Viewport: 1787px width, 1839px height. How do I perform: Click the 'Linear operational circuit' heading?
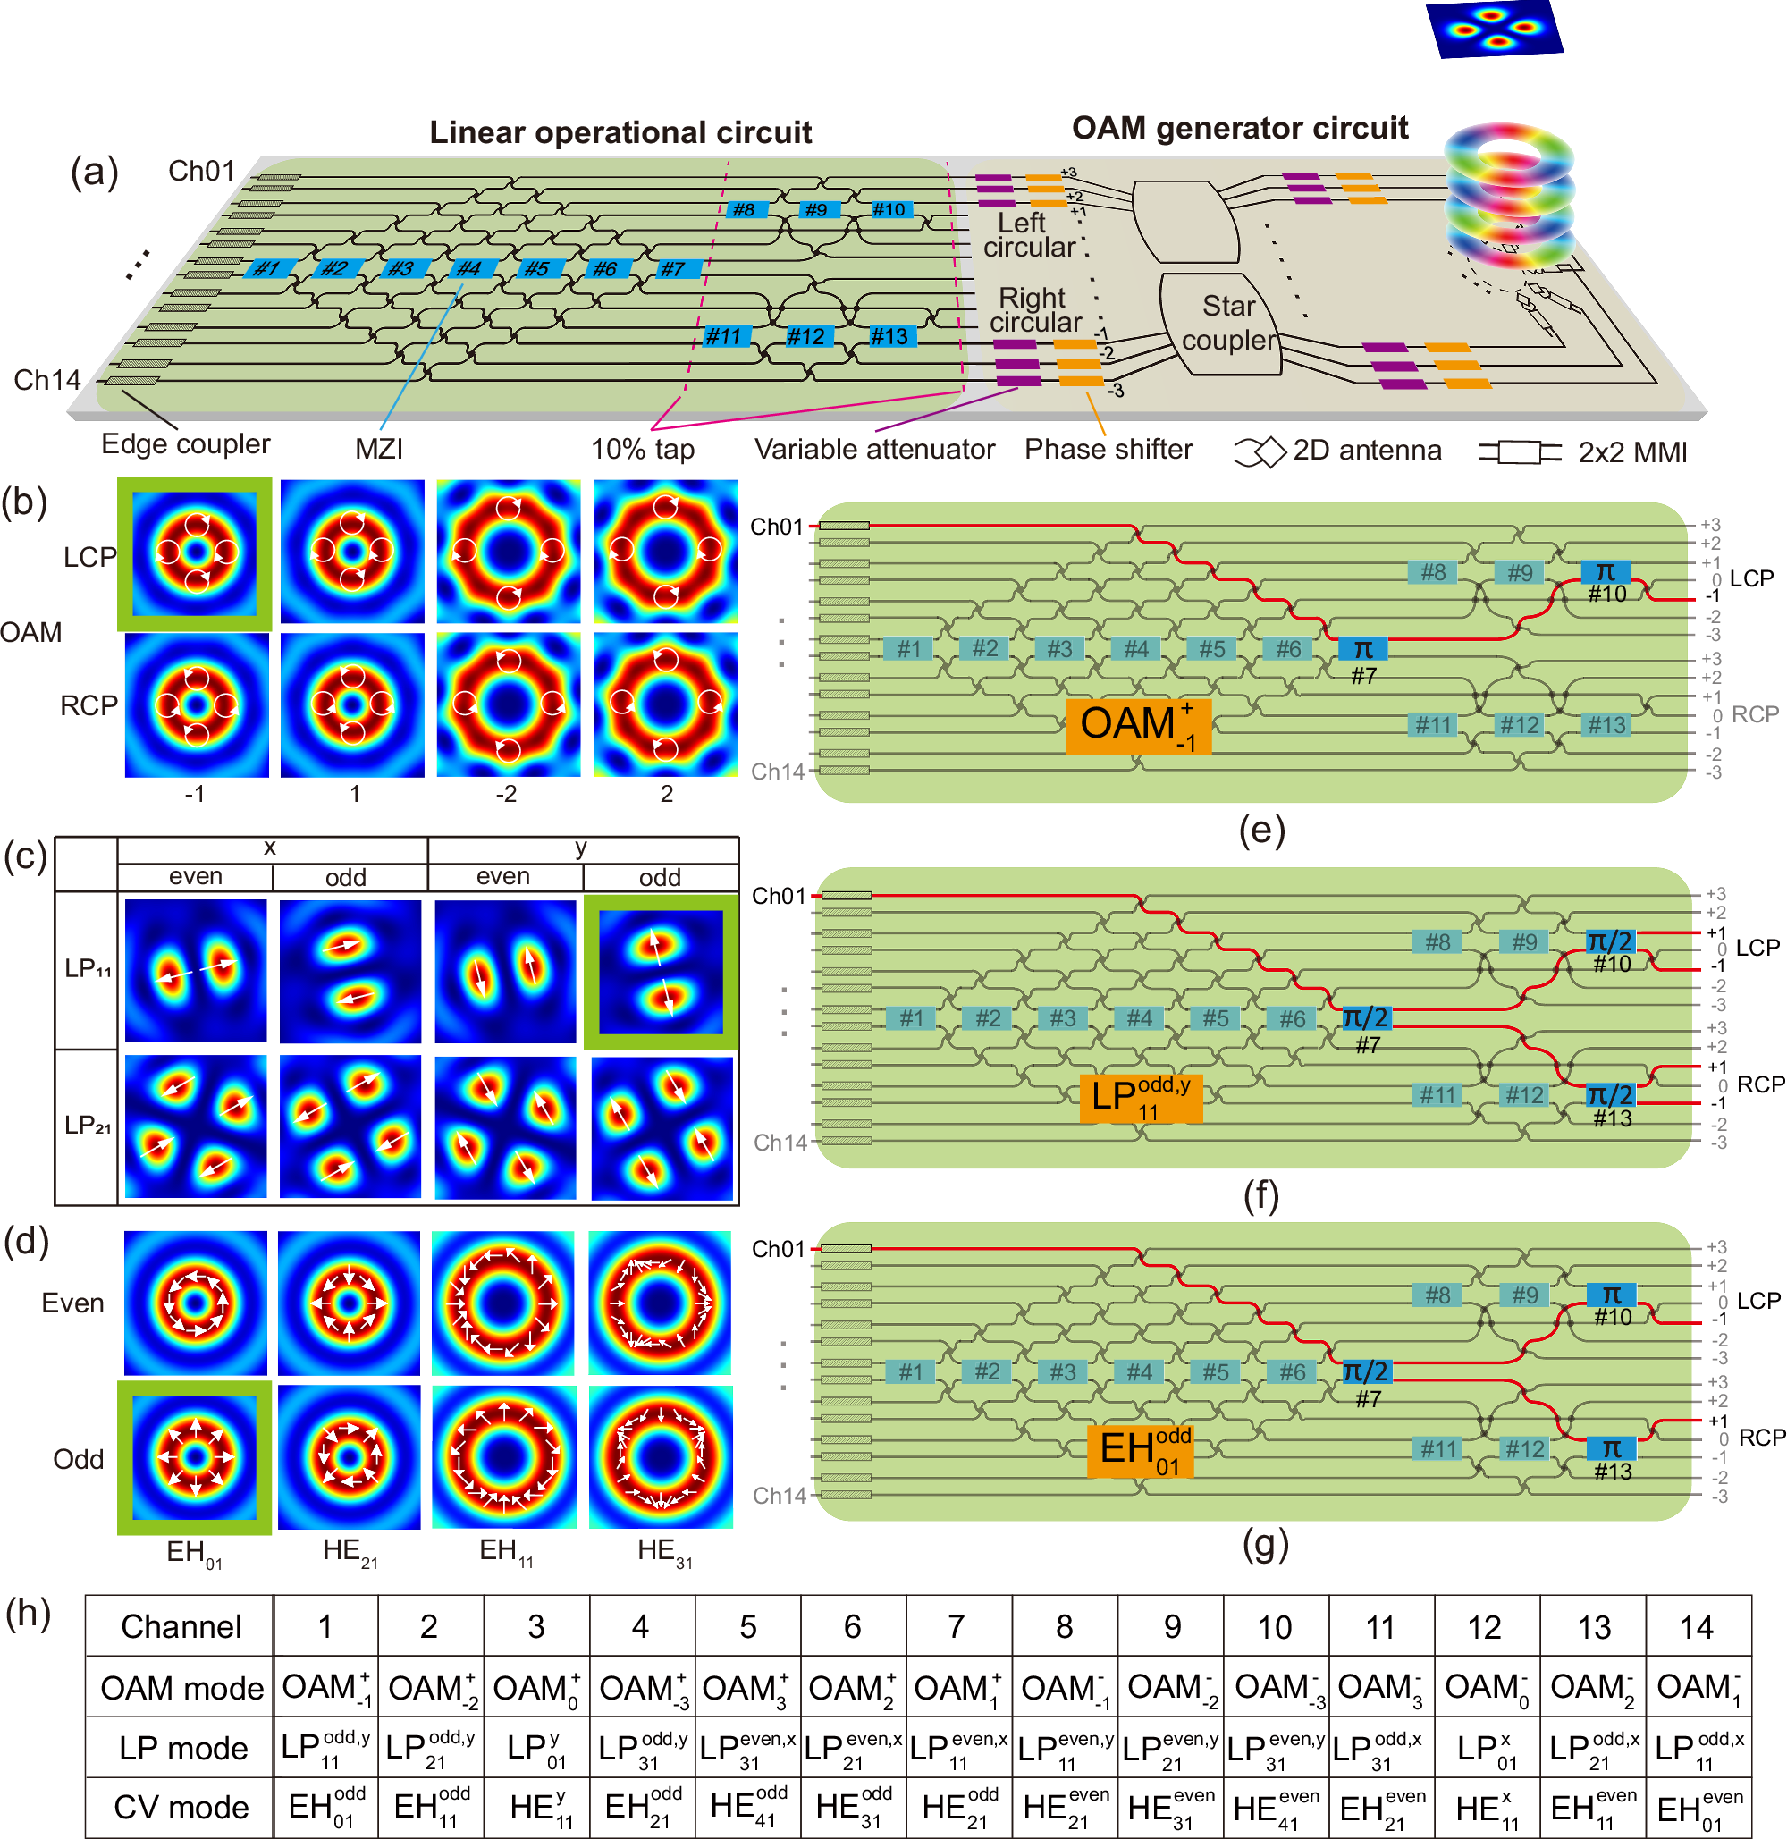[x=620, y=132]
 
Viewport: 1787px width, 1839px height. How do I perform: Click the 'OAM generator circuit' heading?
[x=1239, y=128]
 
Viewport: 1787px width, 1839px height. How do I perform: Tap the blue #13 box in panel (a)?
[x=888, y=336]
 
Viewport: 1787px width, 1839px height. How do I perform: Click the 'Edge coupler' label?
[x=185, y=443]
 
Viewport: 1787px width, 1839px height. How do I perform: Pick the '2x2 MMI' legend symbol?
[x=1520, y=452]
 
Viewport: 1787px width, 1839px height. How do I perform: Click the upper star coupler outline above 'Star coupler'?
[x=1185, y=222]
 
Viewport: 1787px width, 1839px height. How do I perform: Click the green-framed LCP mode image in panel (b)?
[x=194, y=553]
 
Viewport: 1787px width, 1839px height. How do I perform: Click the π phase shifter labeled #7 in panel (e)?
[x=1362, y=649]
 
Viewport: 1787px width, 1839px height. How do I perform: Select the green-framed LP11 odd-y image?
[x=661, y=972]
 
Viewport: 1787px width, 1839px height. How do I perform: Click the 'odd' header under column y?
[x=660, y=877]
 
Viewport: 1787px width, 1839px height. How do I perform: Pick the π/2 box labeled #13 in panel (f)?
[x=1611, y=1094]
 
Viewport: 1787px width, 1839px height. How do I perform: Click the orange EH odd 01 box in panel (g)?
[x=1140, y=1451]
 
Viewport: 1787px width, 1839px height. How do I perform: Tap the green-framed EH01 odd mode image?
[x=194, y=1457]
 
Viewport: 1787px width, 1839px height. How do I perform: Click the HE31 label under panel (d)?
[x=663, y=1551]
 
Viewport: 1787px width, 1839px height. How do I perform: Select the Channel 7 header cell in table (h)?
[x=957, y=1626]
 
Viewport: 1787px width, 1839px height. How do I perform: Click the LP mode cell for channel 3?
[x=535, y=1748]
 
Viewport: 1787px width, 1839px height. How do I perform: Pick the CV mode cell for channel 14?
[x=1698, y=1807]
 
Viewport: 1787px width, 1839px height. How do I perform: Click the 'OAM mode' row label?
[x=181, y=1688]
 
